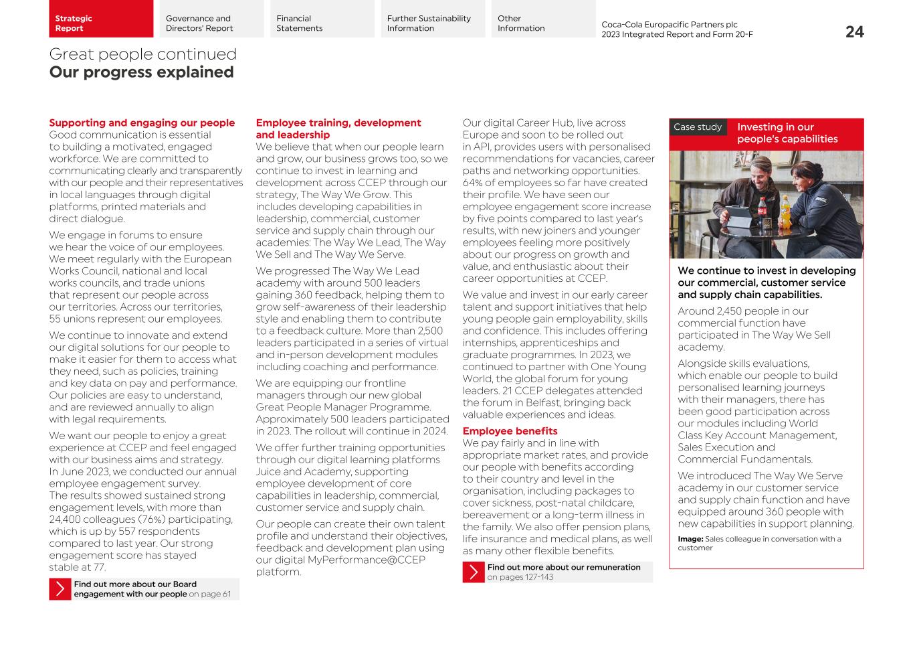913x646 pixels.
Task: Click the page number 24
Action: click(x=854, y=32)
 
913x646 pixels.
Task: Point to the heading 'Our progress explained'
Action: click(x=141, y=72)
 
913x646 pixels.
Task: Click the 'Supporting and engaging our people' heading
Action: click(x=142, y=123)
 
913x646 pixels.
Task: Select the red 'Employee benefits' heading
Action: click(x=510, y=431)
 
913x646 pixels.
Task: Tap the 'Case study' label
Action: click(x=698, y=127)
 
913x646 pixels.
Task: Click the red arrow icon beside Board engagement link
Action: click(x=60, y=589)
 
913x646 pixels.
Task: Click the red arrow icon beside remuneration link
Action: click(x=474, y=572)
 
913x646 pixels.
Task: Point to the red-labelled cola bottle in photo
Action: click(x=762, y=214)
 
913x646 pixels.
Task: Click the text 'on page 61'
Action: click(x=209, y=594)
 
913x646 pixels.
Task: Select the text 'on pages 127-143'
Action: click(x=520, y=577)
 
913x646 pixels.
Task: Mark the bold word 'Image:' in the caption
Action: click(x=690, y=539)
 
